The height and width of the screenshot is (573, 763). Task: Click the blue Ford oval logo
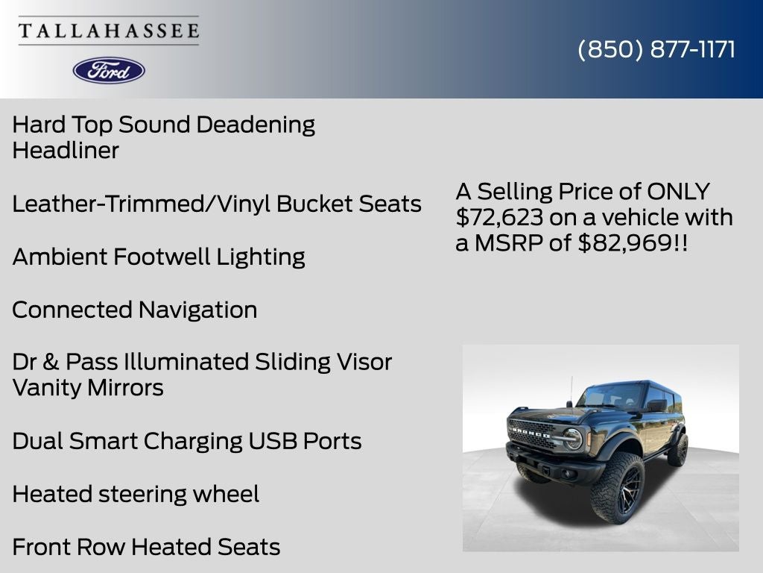(x=109, y=70)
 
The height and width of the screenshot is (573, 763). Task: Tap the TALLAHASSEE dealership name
(x=109, y=31)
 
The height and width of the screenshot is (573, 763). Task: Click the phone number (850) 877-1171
(x=656, y=49)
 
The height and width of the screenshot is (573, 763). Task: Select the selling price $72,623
(x=495, y=218)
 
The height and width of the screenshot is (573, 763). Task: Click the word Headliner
(x=66, y=151)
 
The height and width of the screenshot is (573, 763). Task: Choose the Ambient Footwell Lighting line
(x=159, y=257)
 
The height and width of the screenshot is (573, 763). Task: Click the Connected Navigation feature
(x=135, y=310)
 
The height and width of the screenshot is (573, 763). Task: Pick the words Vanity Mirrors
(x=88, y=388)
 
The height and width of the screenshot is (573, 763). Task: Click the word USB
(x=273, y=441)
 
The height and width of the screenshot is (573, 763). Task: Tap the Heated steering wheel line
(x=136, y=494)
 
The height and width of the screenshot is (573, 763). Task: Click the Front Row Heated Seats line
(x=146, y=547)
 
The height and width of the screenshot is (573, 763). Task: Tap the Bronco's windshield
(x=615, y=396)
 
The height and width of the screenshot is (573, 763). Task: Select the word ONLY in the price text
(x=678, y=192)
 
